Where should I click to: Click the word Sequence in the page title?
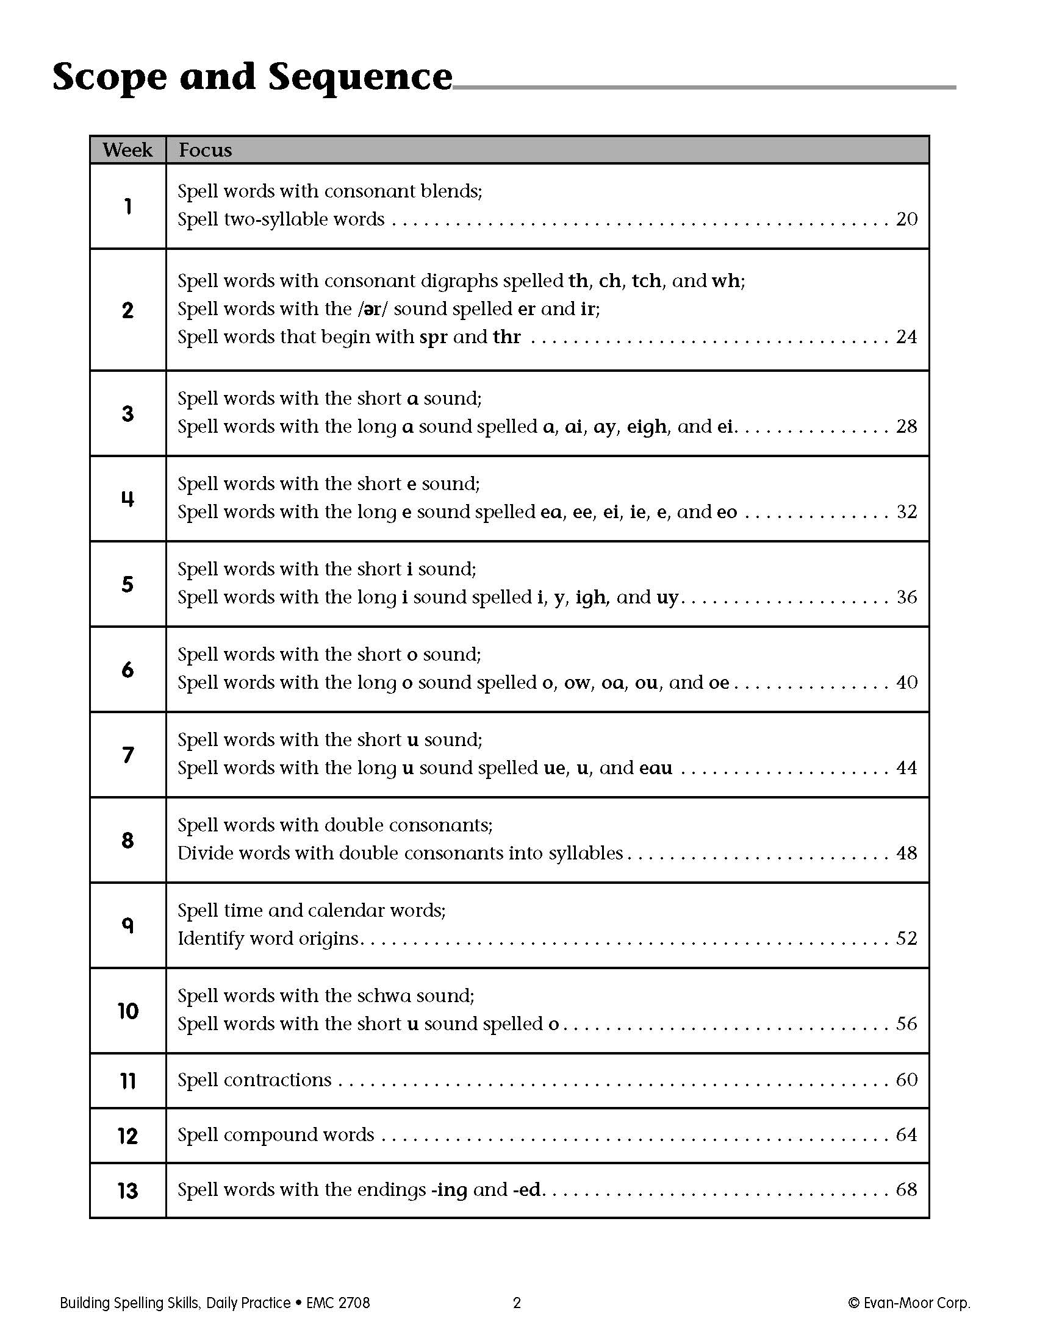pos(360,77)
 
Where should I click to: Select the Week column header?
pos(127,150)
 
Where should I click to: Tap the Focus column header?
pos(205,150)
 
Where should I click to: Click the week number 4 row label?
pos(127,499)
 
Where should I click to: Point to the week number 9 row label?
pos(127,925)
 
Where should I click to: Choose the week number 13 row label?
pos(127,1191)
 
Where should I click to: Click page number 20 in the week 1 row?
pos(906,219)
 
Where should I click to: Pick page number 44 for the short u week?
pos(906,767)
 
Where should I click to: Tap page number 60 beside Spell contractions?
pos(906,1080)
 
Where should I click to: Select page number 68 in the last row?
pos(906,1189)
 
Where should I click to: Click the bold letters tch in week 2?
pos(646,280)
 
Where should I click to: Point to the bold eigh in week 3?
pos(646,427)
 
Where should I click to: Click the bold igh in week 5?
pos(590,597)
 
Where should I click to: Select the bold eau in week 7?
pos(656,768)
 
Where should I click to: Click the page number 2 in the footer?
pos(517,1303)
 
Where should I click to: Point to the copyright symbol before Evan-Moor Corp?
pos(853,1303)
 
